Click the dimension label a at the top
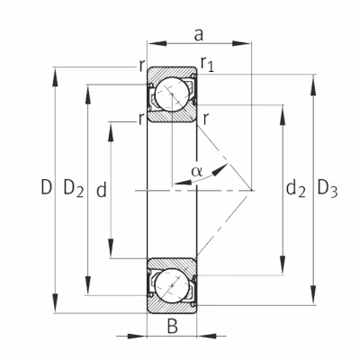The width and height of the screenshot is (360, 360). coord(199,35)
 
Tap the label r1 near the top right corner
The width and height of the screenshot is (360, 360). coord(207,64)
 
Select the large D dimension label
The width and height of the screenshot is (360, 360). coord(47,187)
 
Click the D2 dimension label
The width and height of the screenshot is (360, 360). coord(74,189)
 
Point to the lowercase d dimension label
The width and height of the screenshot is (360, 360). coord(102,190)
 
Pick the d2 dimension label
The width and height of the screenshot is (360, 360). coord(296,189)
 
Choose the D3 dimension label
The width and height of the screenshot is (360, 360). coord(328,188)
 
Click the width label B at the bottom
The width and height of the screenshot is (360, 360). coord(173,327)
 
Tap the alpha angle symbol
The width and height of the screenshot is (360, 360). coord(197,171)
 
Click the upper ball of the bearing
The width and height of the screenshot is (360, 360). coord(173,94)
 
